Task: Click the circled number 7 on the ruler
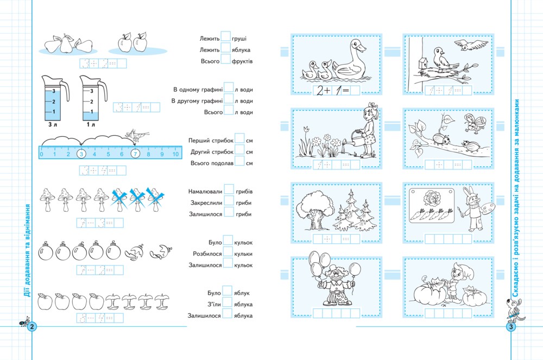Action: click(135, 154)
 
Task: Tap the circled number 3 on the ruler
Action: click(81, 154)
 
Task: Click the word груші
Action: click(239, 39)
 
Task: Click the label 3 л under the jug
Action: click(53, 124)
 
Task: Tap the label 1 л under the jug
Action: click(91, 124)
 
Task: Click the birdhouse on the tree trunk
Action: click(422, 64)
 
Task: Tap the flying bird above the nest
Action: click(466, 45)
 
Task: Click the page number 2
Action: click(32, 326)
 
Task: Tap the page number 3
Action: click(511, 326)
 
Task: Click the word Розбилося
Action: click(207, 254)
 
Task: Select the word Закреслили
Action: click(206, 203)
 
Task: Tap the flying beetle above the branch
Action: click(475, 123)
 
